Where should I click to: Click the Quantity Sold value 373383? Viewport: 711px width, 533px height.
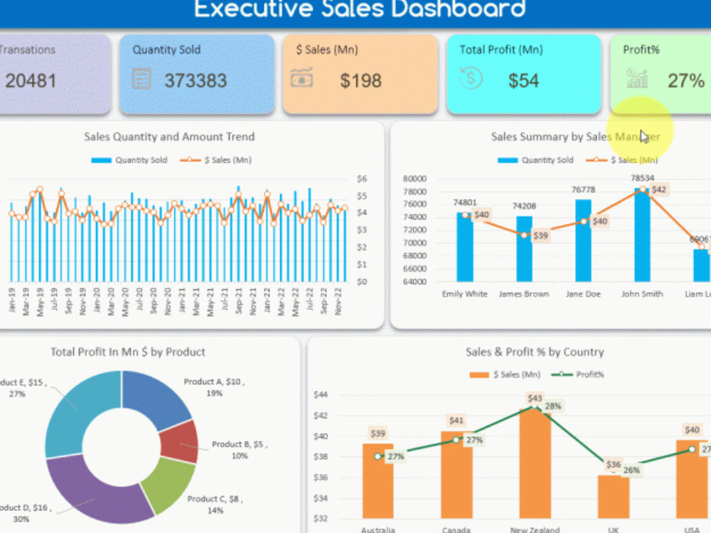click(196, 80)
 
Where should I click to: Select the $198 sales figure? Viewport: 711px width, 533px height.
click(360, 80)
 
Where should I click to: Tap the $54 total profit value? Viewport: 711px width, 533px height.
click(523, 80)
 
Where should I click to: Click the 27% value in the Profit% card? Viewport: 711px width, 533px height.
click(685, 80)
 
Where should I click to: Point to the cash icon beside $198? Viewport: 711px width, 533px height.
click(301, 78)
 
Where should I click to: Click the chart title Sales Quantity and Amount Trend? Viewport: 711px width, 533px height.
click(169, 136)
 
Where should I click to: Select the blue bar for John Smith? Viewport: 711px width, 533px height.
click(642, 235)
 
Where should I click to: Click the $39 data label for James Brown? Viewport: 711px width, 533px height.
click(540, 235)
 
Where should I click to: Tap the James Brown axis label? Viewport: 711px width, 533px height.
click(523, 294)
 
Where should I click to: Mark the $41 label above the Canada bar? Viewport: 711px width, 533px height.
click(456, 421)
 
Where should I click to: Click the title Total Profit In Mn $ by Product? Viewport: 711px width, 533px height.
click(128, 352)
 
